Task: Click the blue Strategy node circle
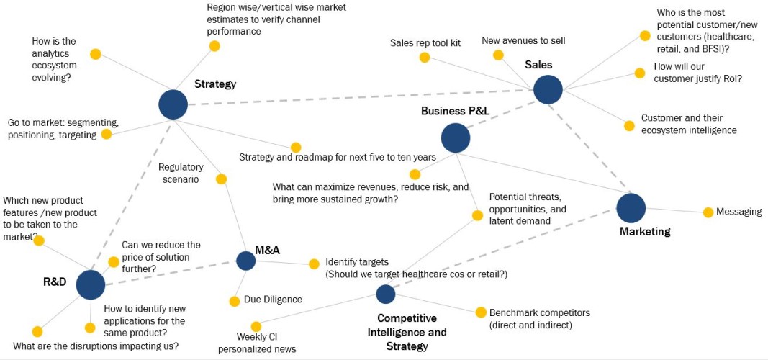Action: [x=173, y=104]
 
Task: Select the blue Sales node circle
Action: [x=548, y=89]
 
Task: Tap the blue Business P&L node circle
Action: [x=456, y=138]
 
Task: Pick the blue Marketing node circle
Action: [x=631, y=208]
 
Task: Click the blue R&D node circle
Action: [x=91, y=284]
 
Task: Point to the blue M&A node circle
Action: [x=245, y=261]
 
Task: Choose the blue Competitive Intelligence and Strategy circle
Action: [x=386, y=294]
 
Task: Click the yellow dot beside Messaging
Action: [x=708, y=212]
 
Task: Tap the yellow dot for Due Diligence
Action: [x=234, y=301]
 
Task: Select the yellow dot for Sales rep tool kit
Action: [x=425, y=58]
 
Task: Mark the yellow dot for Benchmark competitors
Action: [x=481, y=312]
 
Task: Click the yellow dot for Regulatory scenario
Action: [x=221, y=179]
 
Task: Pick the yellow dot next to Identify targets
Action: [x=314, y=264]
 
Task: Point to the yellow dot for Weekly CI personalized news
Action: [x=256, y=327]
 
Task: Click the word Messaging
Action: [x=739, y=212]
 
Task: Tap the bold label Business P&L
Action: [x=455, y=111]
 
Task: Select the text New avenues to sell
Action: [x=523, y=41]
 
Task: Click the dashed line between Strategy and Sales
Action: [x=360, y=97]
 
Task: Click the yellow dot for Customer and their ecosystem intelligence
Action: [x=629, y=126]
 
